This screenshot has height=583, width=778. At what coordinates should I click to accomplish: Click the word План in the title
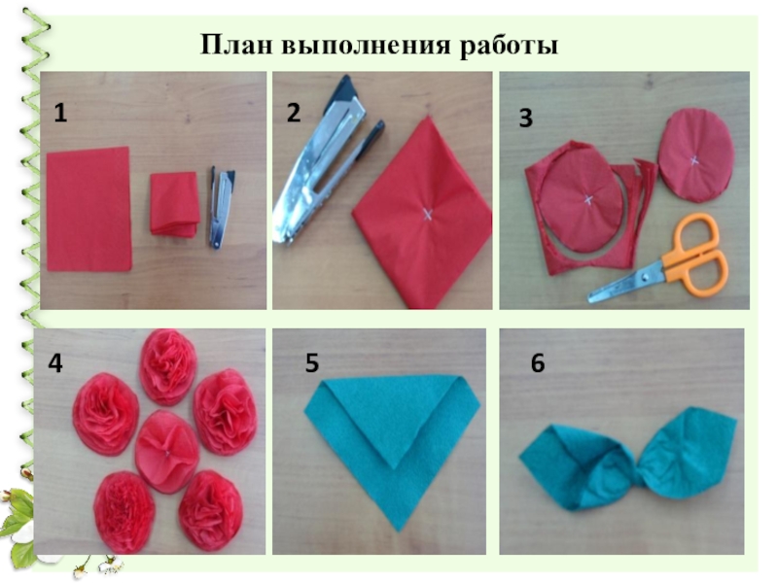[236, 45]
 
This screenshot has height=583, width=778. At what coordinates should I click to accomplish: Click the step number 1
[60, 113]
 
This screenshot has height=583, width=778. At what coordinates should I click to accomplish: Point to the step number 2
[294, 113]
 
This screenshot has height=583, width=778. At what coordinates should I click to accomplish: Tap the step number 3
[525, 118]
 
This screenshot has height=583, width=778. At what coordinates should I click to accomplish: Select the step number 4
[55, 362]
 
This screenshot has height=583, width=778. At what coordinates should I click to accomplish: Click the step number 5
[311, 362]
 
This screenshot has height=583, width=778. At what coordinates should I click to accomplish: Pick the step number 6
[538, 362]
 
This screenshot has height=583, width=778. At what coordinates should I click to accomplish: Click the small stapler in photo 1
[221, 207]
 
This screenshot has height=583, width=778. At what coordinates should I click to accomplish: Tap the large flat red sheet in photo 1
[88, 209]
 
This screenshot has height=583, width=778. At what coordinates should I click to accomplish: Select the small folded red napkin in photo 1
[175, 204]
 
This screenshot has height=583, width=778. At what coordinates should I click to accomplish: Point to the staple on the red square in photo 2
[427, 214]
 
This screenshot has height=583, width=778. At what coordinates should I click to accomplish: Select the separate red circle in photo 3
[695, 155]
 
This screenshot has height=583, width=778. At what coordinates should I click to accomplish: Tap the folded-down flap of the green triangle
[394, 418]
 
